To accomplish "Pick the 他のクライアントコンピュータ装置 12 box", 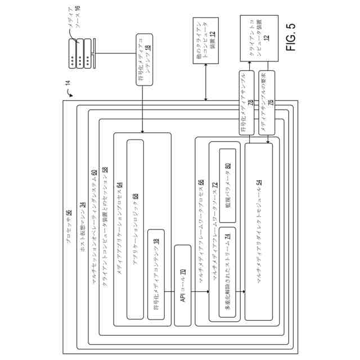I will tap(205, 42).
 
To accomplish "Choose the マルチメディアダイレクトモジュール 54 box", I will tap(258, 231).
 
